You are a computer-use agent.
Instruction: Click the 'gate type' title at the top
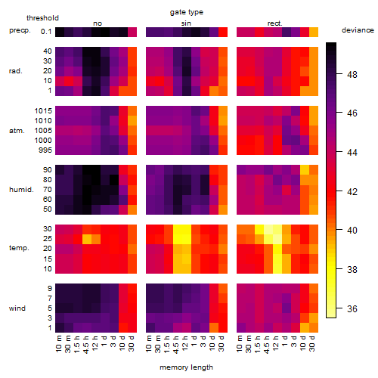187,12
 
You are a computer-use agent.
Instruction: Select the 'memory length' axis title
186,367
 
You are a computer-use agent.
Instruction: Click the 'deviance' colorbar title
358,30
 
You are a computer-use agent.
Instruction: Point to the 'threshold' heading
42,18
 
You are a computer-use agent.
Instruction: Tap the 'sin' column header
186,23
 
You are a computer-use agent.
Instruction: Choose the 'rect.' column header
274,23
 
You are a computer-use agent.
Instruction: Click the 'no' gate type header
98,23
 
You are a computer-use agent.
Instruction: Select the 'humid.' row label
21,190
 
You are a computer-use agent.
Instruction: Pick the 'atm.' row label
17,131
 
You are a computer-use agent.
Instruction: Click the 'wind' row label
17,308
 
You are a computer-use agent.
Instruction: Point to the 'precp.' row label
20,30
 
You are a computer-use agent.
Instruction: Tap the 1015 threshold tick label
43,111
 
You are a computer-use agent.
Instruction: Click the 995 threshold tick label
45,150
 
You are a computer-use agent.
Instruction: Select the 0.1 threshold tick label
46,32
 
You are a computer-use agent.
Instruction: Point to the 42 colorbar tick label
352,192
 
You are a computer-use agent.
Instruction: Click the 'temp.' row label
19,248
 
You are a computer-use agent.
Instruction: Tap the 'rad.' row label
16,71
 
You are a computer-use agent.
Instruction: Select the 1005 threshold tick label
43,131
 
